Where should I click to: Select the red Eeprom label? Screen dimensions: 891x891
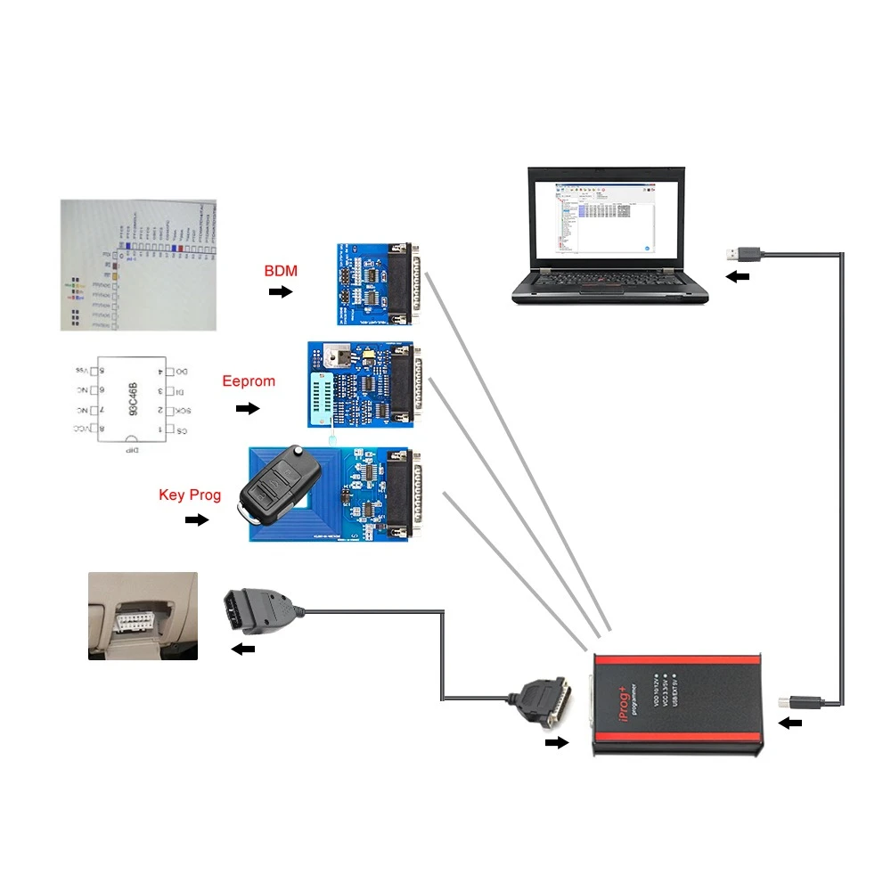point(249,381)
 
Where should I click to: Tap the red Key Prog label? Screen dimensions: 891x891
point(190,495)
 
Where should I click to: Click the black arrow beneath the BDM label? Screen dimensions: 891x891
point(281,291)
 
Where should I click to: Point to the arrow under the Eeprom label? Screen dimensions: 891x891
point(248,409)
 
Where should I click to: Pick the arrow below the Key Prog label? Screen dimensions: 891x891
point(196,519)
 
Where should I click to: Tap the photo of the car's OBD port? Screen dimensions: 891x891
point(143,616)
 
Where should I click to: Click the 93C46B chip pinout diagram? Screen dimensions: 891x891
point(132,399)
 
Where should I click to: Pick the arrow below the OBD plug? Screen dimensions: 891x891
point(242,650)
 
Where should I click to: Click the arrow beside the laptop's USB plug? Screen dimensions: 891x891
point(738,277)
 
